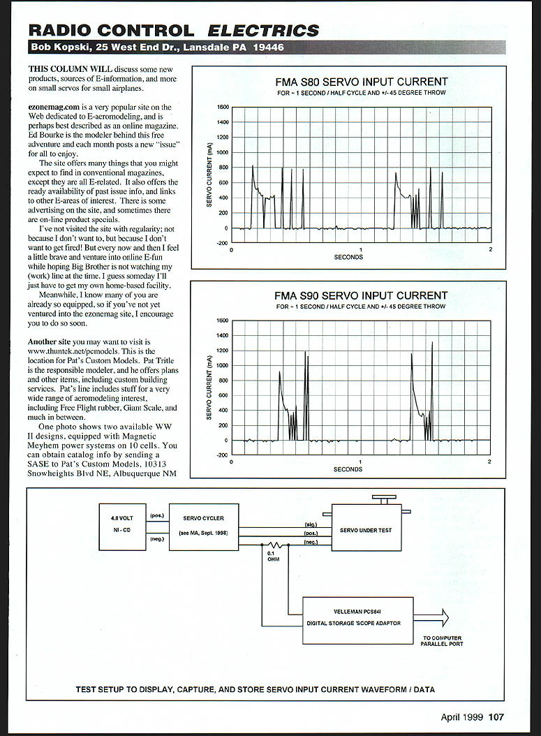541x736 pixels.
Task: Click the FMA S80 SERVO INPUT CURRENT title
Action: click(x=361, y=82)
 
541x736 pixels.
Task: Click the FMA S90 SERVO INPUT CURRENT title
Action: click(x=361, y=295)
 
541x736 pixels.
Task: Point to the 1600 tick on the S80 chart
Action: click(x=223, y=108)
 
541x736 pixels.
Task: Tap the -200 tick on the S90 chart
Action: click(x=223, y=455)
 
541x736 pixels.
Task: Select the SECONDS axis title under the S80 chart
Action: click(x=348, y=257)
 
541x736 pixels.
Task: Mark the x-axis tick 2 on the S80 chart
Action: click(x=491, y=249)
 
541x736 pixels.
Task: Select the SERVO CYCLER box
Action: click(x=204, y=527)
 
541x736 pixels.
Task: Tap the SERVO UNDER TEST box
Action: click(x=365, y=530)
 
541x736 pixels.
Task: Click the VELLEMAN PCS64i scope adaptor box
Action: click(x=357, y=621)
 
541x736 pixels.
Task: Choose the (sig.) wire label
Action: click(x=311, y=524)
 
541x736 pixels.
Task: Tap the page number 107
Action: click(x=496, y=716)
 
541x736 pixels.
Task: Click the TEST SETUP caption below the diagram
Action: click(x=255, y=689)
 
